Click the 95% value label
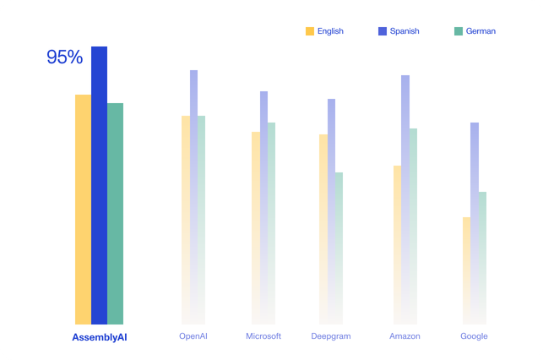coord(64,57)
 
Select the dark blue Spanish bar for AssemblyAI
coord(99,186)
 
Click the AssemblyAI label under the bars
coord(99,337)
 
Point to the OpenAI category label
coord(193,336)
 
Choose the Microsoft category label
coord(263,336)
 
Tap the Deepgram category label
coord(331,336)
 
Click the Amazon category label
coord(405,336)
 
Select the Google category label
coord(474,336)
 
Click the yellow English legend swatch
coord(310,31)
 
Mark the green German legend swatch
coord(459,31)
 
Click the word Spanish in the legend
coord(405,31)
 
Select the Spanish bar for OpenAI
coord(193,169)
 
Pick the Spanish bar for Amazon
coord(405,169)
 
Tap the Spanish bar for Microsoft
coord(263,177)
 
